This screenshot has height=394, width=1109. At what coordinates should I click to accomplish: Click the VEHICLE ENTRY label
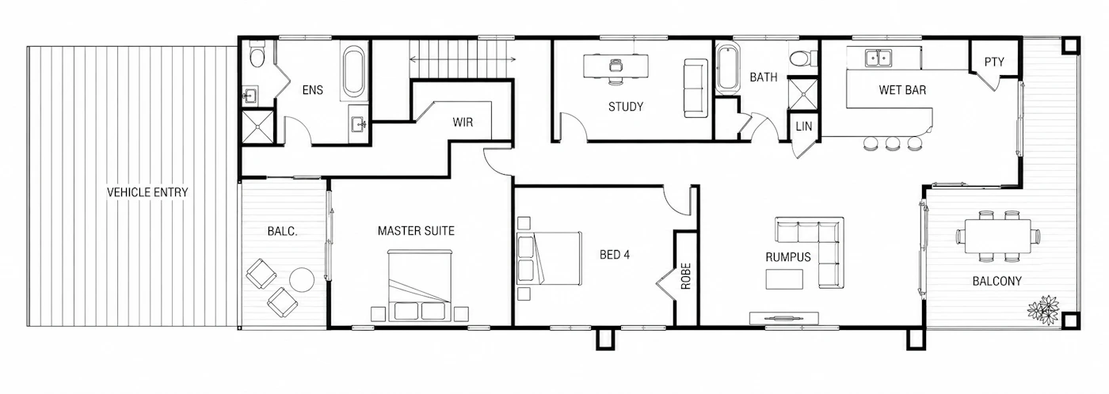pyautogui.click(x=147, y=192)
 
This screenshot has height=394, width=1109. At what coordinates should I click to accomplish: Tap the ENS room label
pyautogui.click(x=312, y=90)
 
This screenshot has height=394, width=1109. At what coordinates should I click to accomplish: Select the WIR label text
pyautogui.click(x=463, y=122)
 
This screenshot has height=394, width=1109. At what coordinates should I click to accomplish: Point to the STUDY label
pyautogui.click(x=626, y=107)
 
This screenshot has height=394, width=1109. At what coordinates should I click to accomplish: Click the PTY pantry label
pyautogui.click(x=994, y=63)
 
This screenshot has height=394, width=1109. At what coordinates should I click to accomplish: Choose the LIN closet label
pyautogui.click(x=804, y=127)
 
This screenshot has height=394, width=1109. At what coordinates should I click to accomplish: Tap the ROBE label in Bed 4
pyautogui.click(x=686, y=276)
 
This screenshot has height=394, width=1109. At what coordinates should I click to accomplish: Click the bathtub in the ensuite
pyautogui.click(x=354, y=72)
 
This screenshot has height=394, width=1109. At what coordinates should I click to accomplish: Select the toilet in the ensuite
pyautogui.click(x=257, y=55)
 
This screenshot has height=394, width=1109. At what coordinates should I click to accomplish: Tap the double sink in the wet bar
pyautogui.click(x=878, y=57)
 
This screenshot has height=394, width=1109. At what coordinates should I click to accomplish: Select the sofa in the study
pyautogui.click(x=696, y=89)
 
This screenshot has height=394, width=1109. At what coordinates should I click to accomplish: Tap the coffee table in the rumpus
pyautogui.click(x=785, y=278)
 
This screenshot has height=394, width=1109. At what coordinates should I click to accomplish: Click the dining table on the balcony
pyautogui.click(x=998, y=237)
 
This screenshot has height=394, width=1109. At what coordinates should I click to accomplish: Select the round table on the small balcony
pyautogui.click(x=302, y=280)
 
